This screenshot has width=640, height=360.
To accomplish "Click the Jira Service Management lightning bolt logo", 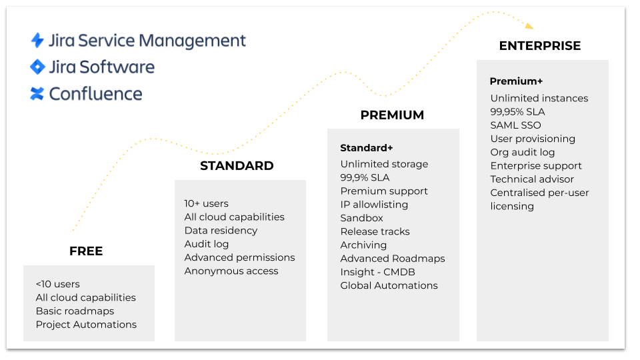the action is pos(37,41).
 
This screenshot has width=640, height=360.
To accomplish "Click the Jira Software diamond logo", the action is pos(37,67).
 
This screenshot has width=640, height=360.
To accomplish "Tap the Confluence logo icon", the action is pos(37,93).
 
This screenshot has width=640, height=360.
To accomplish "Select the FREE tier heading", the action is pos(86,251).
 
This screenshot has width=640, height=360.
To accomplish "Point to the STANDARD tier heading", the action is pos(237,166).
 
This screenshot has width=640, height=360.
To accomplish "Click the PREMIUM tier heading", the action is pos(392,115).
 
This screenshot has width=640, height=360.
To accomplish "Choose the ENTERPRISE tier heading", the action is pos(540,46).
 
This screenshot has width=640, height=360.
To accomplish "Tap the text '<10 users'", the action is pos(57,284).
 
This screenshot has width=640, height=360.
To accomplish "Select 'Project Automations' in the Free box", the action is pos(86,325).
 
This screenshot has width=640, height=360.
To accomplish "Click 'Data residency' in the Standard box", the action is pos(221,231).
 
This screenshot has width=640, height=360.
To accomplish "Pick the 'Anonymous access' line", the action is pos(231,271).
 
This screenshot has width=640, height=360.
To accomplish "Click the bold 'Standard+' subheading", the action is pos(367,148).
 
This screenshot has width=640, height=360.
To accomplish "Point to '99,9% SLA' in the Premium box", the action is pos(365,177).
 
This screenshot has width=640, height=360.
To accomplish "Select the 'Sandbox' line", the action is pos(361,218).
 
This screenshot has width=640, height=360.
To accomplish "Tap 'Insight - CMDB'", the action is pos(377,272).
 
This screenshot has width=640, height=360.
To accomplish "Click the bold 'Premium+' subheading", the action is pos(516,81).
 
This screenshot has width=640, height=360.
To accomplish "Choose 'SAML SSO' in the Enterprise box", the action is pos(515,125).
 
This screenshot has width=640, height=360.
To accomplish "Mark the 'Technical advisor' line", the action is pos(532,179).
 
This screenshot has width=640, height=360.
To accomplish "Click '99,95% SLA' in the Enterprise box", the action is pos(517,112).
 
